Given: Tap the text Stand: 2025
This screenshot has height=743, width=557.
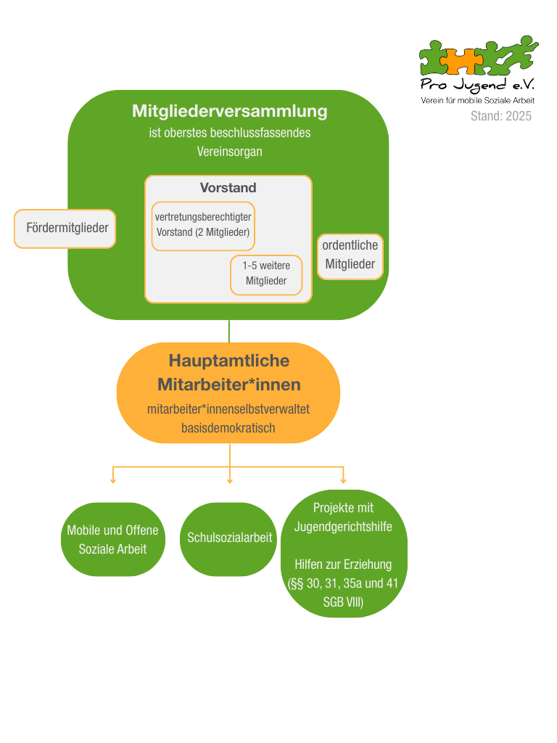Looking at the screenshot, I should pyautogui.click(x=500, y=116).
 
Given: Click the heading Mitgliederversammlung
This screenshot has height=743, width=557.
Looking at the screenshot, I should pyautogui.click(x=229, y=111).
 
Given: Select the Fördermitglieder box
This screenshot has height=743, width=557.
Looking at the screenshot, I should pyautogui.click(x=65, y=229).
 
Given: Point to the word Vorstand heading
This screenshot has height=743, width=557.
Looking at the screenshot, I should pyautogui.click(x=228, y=188).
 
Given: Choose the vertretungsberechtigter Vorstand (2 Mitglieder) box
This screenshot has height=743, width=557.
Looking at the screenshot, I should pyautogui.click(x=203, y=225).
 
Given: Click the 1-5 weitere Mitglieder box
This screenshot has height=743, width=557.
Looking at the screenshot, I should pyautogui.click(x=266, y=274).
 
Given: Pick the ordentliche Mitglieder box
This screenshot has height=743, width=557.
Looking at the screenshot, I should pyautogui.click(x=350, y=255).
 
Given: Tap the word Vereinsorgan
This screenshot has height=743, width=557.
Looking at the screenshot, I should pyautogui.click(x=229, y=152).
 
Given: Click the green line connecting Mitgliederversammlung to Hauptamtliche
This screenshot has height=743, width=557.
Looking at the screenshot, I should pyautogui.click(x=229, y=331).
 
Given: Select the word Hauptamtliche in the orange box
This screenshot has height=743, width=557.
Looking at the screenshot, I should pyautogui.click(x=229, y=361).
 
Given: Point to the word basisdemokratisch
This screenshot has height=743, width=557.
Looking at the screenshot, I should pyautogui.click(x=228, y=428).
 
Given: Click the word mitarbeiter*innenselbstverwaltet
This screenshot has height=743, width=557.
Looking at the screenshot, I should pyautogui.click(x=228, y=409).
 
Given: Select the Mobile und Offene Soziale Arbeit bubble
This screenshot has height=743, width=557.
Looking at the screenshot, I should pyautogui.click(x=112, y=539).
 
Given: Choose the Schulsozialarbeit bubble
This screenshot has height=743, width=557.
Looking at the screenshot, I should pyautogui.click(x=230, y=538).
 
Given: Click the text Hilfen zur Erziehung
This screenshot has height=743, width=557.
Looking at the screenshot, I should pyautogui.click(x=343, y=565).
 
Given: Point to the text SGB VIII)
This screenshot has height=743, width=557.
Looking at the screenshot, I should pyautogui.click(x=343, y=602).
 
